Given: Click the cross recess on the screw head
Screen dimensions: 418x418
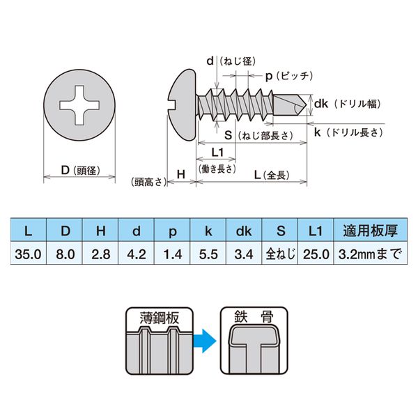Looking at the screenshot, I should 79,106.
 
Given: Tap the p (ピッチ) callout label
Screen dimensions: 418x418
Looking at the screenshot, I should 288,74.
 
